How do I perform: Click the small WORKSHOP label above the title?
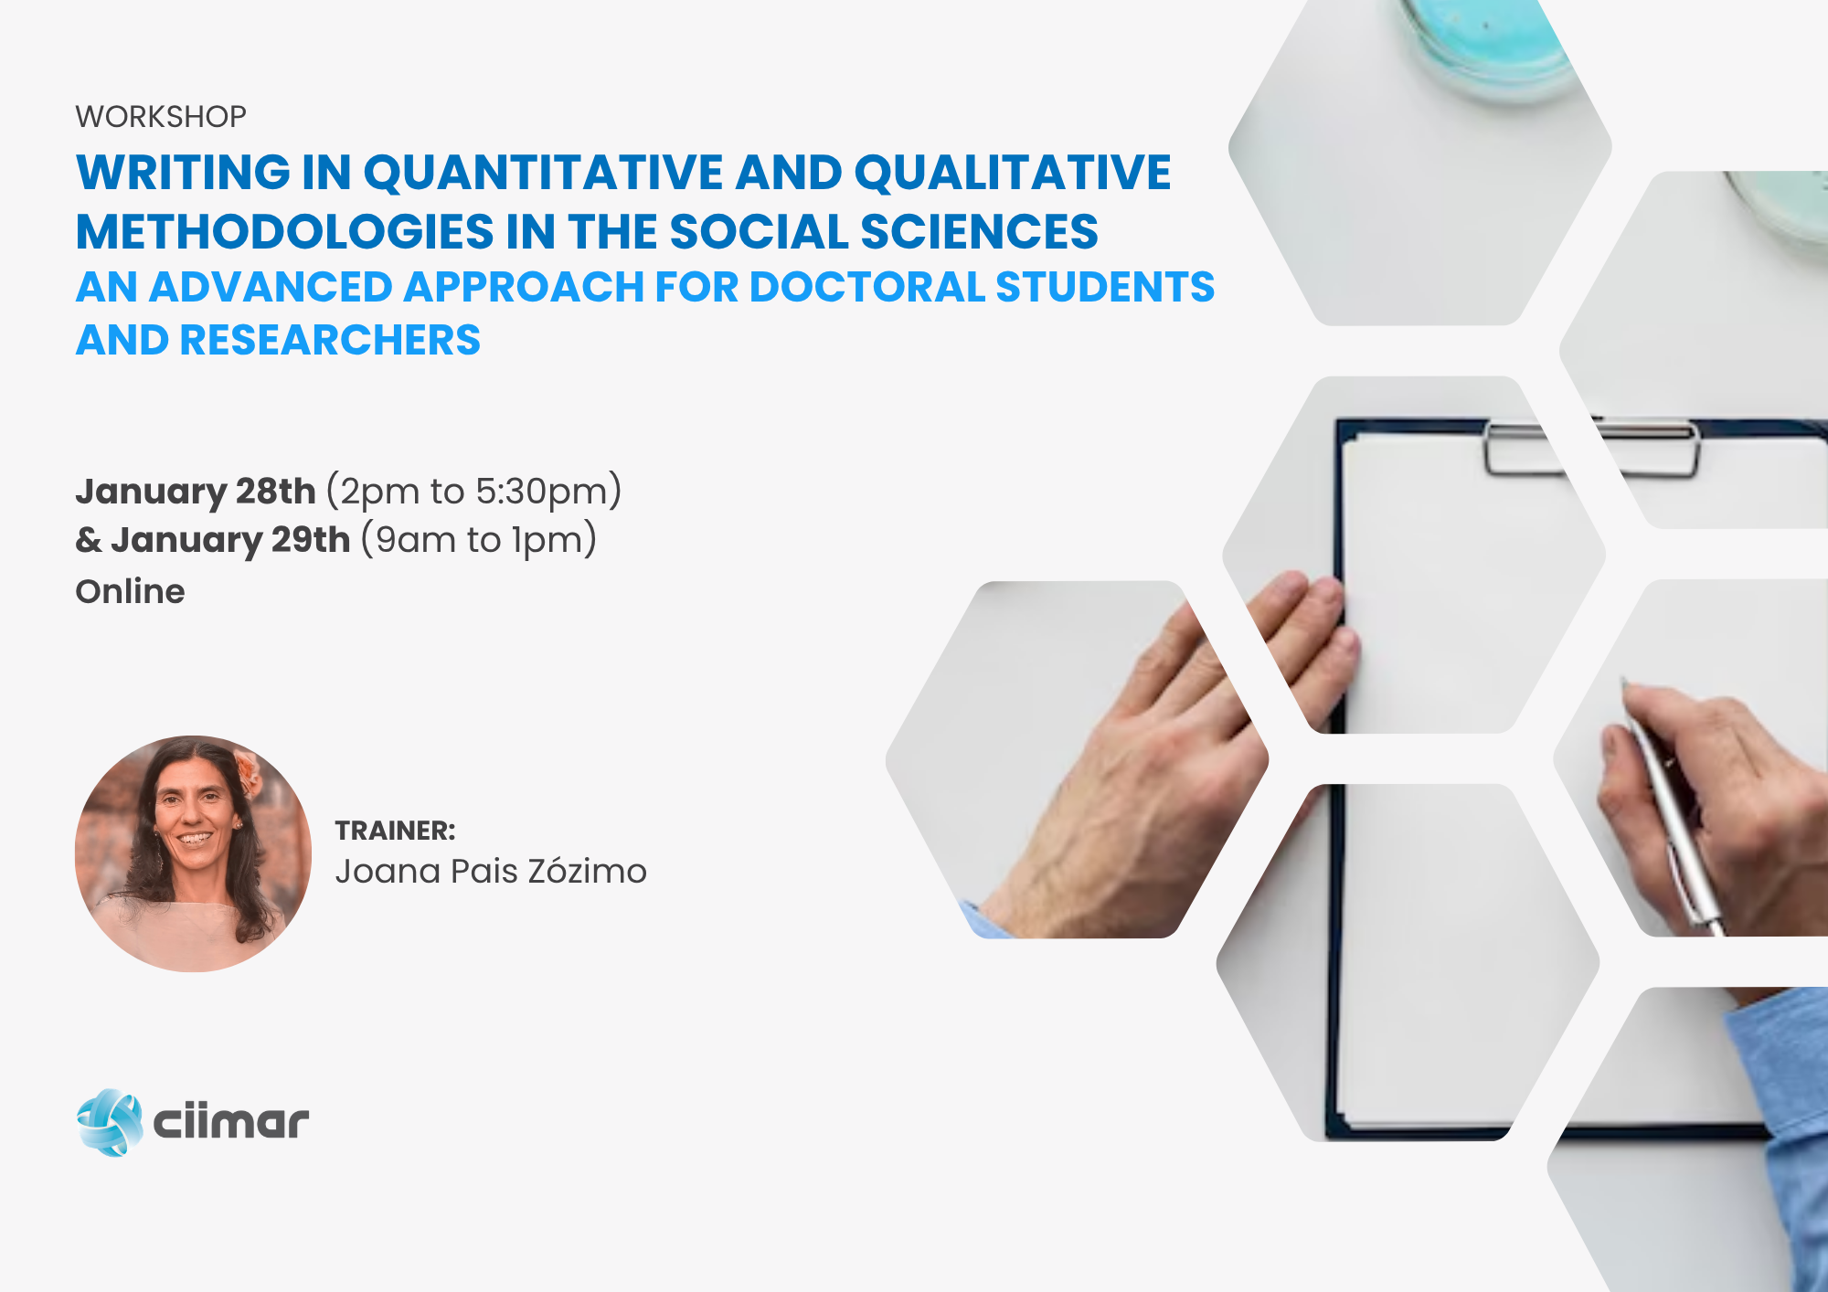[x=161, y=117]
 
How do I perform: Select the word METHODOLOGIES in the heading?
[x=284, y=231]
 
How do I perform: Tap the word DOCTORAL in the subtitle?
[x=866, y=287]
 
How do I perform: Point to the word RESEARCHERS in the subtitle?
[x=330, y=340]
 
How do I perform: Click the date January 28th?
[x=196, y=492]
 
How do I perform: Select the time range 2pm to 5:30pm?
[x=474, y=492]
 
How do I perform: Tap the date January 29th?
[x=230, y=540]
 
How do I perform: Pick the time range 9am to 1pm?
[x=479, y=540]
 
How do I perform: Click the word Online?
[x=130, y=591]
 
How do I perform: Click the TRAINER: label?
[x=395, y=831]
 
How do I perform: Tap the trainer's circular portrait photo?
[x=193, y=853]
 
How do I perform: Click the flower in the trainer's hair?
[x=248, y=770]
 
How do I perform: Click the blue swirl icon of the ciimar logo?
[x=110, y=1122]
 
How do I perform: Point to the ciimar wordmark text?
[x=231, y=1122]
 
